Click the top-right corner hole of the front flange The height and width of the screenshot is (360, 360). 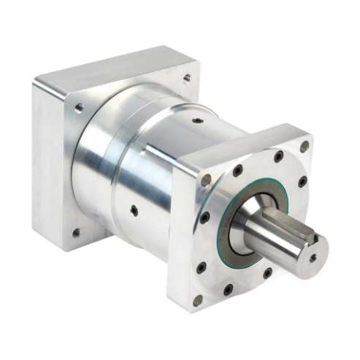[305, 146]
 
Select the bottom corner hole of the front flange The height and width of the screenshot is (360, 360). [197, 300]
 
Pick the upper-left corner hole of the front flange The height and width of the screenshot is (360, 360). [206, 179]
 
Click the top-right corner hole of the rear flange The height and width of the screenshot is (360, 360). [188, 77]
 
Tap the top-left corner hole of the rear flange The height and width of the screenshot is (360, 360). [78, 107]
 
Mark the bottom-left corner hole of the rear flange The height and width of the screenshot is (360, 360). [77, 233]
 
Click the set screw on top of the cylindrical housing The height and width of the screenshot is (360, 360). [198, 121]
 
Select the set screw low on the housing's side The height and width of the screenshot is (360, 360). [134, 210]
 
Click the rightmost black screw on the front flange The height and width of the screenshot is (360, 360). [302, 181]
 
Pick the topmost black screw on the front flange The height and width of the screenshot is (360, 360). [278, 156]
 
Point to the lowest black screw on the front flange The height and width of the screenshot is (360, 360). [228, 289]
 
